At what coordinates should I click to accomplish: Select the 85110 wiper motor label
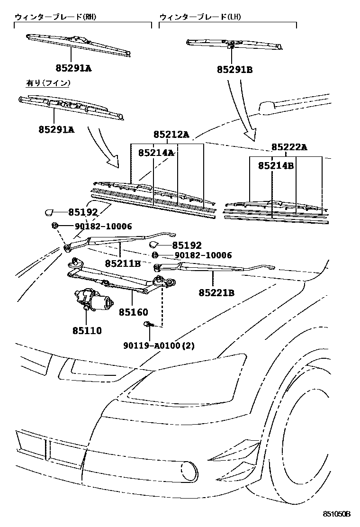[x=87, y=331]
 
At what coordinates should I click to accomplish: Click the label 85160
[x=133, y=312]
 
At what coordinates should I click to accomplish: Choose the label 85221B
[x=216, y=293]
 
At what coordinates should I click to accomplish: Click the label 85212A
[x=171, y=135]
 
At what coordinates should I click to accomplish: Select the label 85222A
[x=289, y=147]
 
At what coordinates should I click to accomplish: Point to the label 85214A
[x=156, y=153]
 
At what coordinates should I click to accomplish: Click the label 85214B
[x=276, y=165]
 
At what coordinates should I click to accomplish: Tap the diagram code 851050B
[x=336, y=514]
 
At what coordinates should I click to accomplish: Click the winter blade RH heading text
[x=55, y=17]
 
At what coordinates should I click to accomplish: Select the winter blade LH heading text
[x=200, y=17]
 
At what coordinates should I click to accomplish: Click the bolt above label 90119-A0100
[x=148, y=324]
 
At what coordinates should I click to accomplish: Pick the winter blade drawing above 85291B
[x=234, y=44]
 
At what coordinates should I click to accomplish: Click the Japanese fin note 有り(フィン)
[x=48, y=83]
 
